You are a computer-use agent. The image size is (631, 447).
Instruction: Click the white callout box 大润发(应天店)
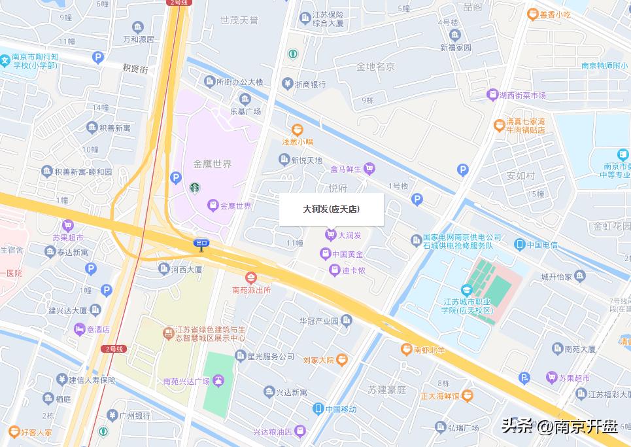click(331, 209)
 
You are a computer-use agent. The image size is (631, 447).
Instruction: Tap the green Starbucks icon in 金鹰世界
click(194, 188)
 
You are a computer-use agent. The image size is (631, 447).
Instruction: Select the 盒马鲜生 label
click(345, 169)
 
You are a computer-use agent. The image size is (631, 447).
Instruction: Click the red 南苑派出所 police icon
click(251, 278)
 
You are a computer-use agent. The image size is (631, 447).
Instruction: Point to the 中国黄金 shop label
click(348, 254)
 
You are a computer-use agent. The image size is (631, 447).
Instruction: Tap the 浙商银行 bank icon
click(286, 84)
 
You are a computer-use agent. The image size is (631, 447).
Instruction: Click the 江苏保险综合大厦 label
click(327, 19)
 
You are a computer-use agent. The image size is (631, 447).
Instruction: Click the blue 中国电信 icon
click(519, 245)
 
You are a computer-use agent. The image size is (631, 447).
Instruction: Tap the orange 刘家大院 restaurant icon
click(342, 359)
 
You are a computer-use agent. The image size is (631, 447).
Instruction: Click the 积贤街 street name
click(135, 68)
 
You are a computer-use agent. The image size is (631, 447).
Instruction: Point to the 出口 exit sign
click(201, 243)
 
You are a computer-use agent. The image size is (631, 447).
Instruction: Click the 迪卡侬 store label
click(353, 270)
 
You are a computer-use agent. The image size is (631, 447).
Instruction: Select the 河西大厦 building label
click(186, 268)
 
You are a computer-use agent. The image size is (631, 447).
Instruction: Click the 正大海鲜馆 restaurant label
click(440, 395)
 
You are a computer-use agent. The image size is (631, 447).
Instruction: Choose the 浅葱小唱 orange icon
click(298, 130)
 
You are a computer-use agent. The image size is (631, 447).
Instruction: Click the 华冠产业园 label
click(318, 321)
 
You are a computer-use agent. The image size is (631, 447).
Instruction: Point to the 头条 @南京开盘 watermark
click(559, 427)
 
